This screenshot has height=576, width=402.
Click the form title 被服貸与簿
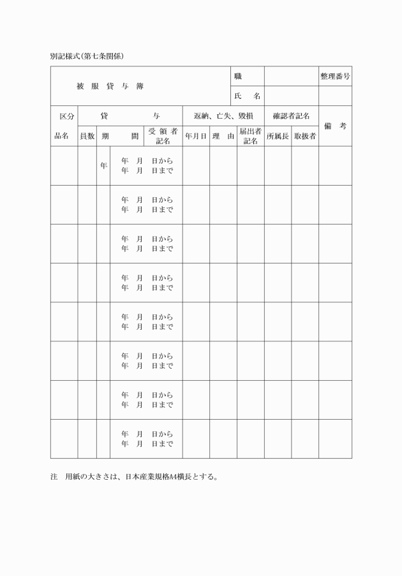pos(110,86)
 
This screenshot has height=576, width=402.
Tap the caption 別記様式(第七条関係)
pos(87,56)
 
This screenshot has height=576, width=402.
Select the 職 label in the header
pos(238,77)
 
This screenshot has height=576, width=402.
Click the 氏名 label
pos(248,96)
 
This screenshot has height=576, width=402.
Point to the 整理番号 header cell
pos(335,77)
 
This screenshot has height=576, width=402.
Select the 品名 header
pos(61,136)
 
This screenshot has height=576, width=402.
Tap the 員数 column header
pos(87,136)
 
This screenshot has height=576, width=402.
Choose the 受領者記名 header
pos(163,136)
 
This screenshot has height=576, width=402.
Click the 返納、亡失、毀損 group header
pos(223,116)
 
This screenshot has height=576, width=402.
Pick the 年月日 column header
pos(196,136)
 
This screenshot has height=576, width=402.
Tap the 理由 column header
pos(223,136)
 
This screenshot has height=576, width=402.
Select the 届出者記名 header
pos(251,136)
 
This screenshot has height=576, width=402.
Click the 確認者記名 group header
pos(291,116)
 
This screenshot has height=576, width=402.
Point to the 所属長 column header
pos(278,136)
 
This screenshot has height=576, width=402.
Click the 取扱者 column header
pos(305,136)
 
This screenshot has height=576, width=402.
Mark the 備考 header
pos(335,126)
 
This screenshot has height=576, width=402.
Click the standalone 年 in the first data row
pos(103,166)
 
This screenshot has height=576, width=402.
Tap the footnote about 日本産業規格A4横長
pos(134,476)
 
